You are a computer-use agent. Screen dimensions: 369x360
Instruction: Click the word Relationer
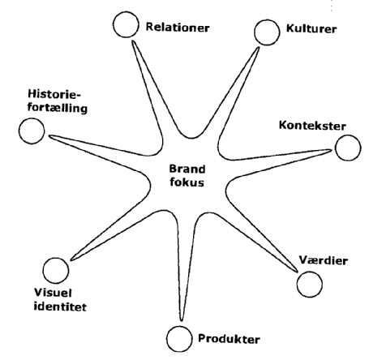178,28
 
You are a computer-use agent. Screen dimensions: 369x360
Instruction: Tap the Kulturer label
311,28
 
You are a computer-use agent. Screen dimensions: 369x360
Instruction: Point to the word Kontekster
312,126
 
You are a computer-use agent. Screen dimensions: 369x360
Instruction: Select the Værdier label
324,260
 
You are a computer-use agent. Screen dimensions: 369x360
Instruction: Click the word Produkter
229,339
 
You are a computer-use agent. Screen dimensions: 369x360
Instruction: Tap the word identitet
60,306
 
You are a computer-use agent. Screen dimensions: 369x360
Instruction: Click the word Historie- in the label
54,94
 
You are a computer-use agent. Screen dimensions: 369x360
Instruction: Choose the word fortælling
58,109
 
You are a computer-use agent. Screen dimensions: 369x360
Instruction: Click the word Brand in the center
187,169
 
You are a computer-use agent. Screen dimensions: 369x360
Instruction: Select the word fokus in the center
187,182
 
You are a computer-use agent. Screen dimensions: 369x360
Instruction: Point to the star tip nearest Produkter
182,321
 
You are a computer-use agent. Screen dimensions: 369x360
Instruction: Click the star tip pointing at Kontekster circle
331,150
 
